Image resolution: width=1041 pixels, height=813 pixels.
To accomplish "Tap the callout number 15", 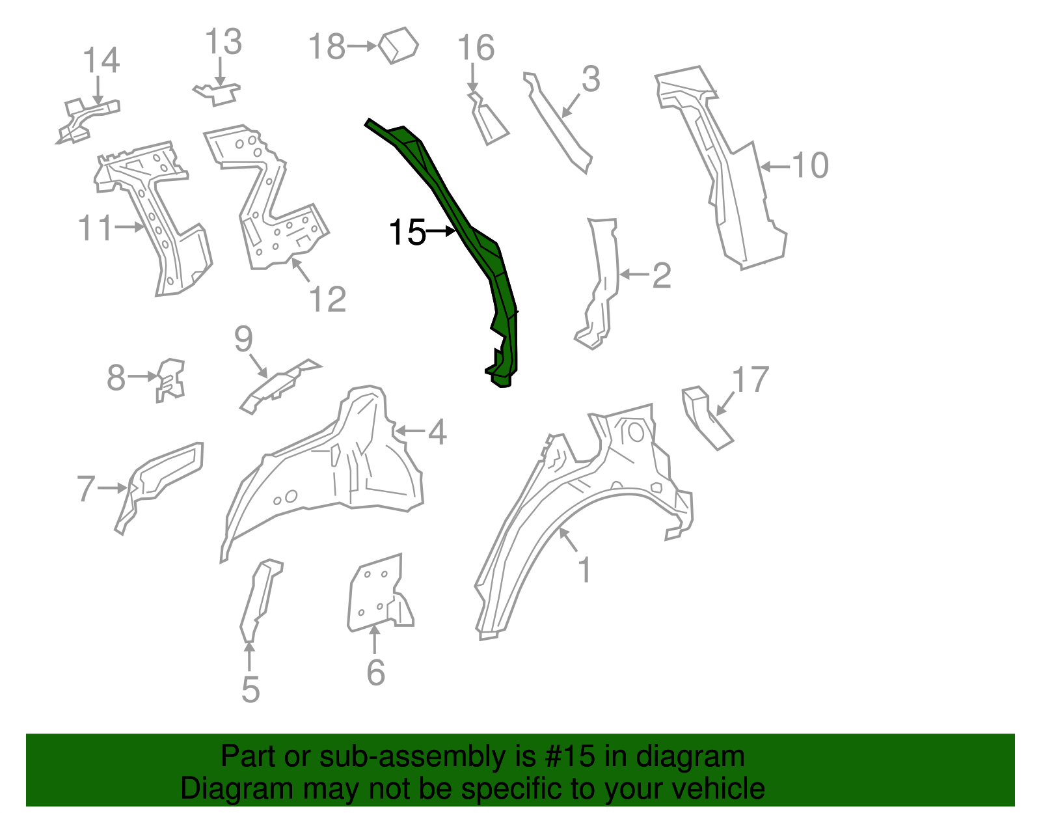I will (407, 232).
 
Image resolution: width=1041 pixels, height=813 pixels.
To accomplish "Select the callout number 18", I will (326, 47).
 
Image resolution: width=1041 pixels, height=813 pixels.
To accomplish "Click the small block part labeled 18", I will (398, 45).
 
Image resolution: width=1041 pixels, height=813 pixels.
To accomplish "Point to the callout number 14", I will (101, 61).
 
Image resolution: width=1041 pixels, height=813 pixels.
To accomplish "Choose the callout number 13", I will (223, 42).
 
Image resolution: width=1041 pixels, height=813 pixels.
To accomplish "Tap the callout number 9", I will (243, 338).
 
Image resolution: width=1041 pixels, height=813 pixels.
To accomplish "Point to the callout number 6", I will (376, 672).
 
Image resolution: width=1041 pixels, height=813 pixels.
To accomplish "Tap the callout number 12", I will (327, 299).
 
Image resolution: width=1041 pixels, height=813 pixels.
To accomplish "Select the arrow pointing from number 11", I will (129, 227).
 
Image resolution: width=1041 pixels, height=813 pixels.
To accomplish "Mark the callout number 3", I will (590, 79).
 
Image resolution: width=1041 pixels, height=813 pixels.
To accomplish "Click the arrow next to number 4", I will (410, 431).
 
